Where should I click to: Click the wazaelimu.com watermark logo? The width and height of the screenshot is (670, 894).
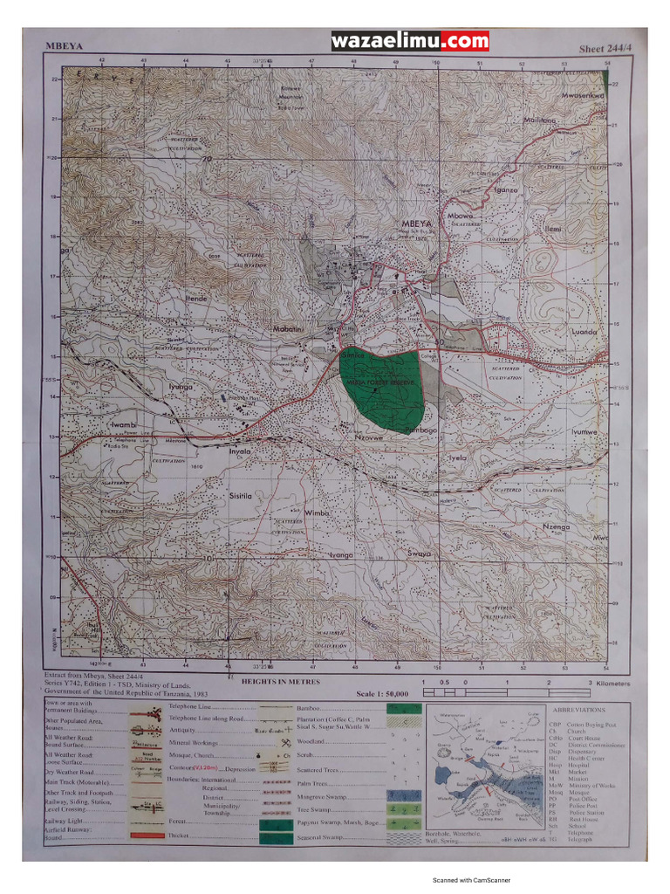click(x=410, y=41)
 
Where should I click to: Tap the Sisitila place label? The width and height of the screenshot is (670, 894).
click(x=240, y=495)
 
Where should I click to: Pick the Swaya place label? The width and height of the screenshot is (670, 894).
click(x=420, y=554)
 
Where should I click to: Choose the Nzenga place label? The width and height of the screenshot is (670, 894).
click(x=555, y=527)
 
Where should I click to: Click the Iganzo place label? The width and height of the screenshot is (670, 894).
click(x=506, y=189)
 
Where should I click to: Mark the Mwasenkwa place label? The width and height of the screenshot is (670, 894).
click(x=583, y=94)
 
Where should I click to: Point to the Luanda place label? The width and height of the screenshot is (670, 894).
click(x=583, y=333)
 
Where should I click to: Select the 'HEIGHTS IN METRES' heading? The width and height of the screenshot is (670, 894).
click(x=280, y=681)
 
